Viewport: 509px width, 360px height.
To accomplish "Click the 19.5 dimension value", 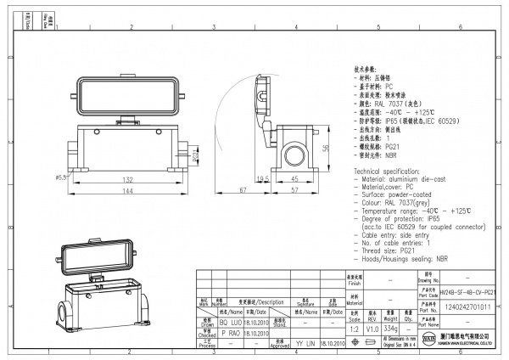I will click(x=264, y=179).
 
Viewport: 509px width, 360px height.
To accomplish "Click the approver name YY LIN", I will click(x=305, y=344).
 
